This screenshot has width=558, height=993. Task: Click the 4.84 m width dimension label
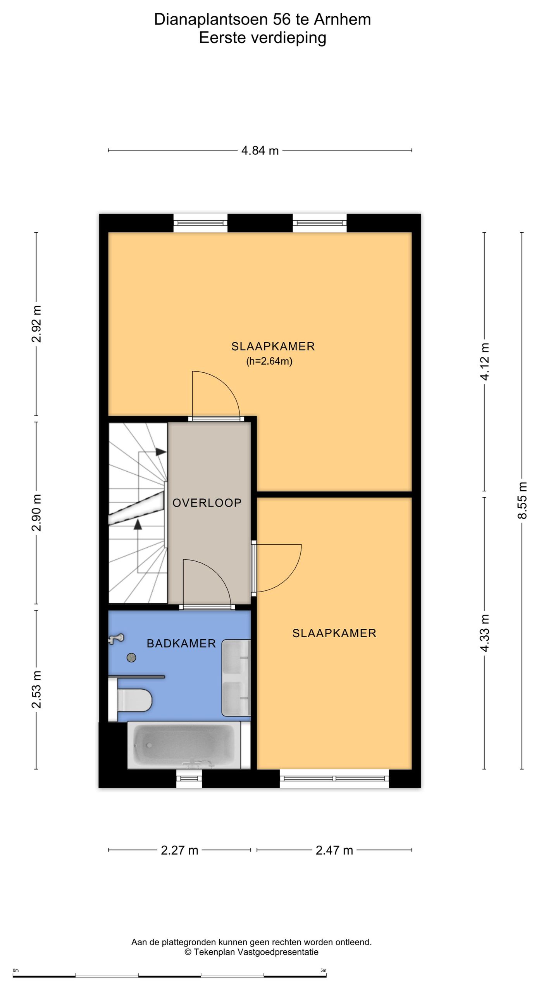coord(260,151)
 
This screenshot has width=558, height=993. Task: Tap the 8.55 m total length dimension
coord(523,500)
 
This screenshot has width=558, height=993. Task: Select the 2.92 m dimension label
coord(36,324)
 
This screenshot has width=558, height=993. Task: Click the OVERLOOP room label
coord(207,503)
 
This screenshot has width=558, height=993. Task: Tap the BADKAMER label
coord(181,644)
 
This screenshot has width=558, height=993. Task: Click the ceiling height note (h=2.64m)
coord(269,361)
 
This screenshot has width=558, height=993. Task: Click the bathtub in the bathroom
coord(189,746)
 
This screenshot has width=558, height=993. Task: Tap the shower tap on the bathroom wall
coord(115,638)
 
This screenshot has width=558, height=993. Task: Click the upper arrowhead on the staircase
coord(161,452)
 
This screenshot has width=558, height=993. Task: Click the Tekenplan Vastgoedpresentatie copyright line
coord(251,952)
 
